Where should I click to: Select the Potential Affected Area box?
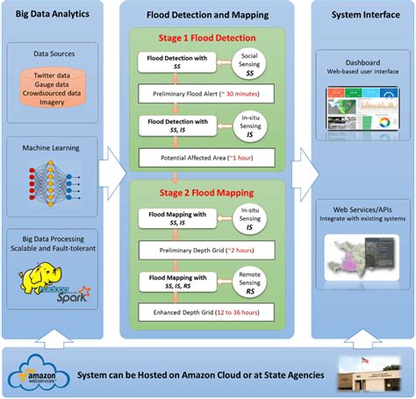(x=207, y=159)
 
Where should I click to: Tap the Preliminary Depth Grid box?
(x=207, y=250)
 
